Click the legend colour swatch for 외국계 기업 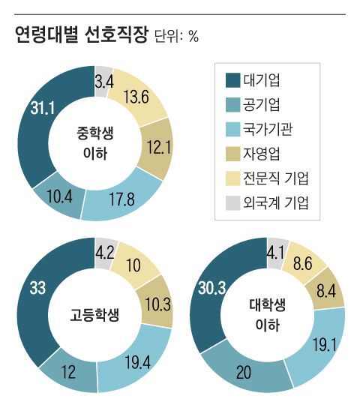point(232,202)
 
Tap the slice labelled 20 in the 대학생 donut point(243,371)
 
